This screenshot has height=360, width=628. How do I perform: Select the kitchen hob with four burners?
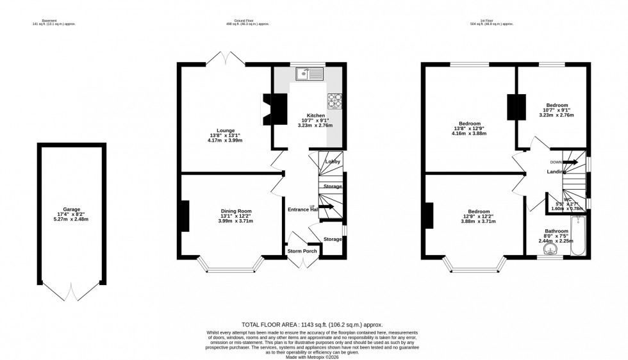335,100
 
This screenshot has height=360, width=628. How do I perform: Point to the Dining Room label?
236,211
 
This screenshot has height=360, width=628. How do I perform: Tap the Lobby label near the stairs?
332,161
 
